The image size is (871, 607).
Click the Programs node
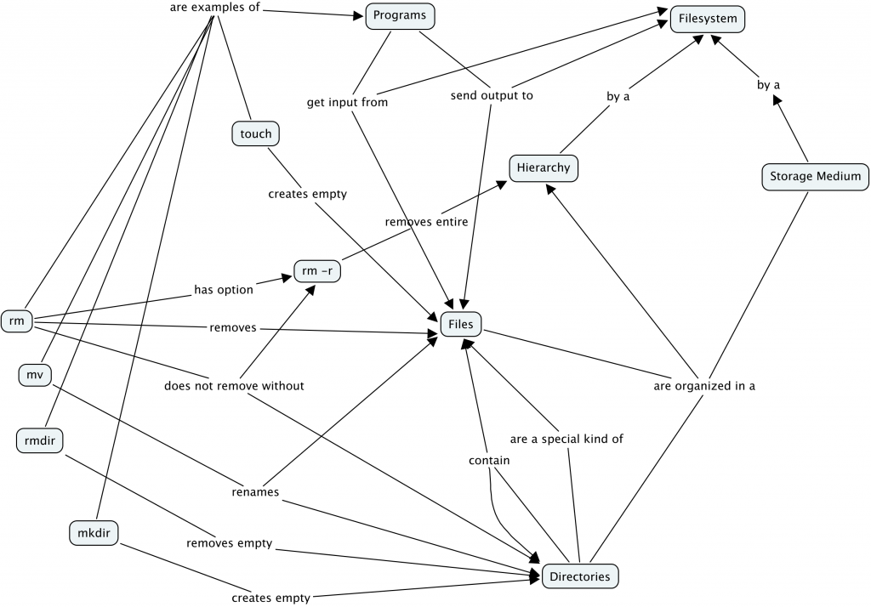[400, 16]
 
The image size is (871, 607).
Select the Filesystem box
[707, 19]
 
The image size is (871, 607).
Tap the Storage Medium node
[815, 177]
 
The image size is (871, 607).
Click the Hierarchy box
[543, 167]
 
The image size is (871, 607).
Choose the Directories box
[579, 576]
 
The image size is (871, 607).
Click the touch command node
[255, 133]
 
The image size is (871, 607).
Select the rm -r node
[317, 271]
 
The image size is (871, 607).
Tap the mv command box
[34, 374]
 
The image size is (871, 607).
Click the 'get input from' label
[347, 103]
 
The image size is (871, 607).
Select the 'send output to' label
[492, 95]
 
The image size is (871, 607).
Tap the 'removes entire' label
[426, 222]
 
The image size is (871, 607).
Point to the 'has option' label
[224, 290]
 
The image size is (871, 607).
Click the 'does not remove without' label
[234, 386]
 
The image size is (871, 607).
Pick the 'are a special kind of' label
[566, 440]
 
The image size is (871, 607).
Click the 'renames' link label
[255, 491]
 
